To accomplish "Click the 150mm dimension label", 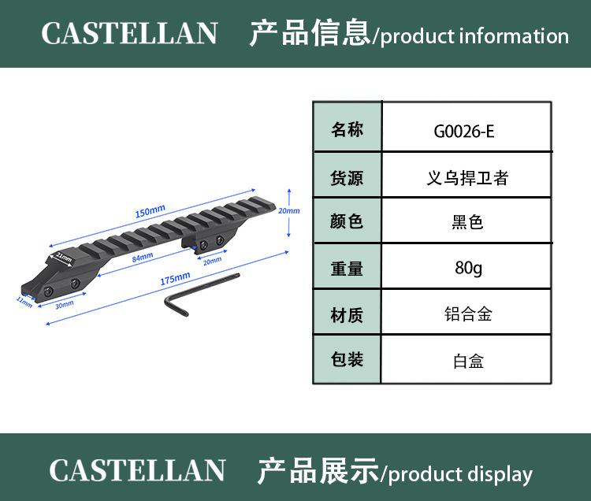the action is (x=150, y=210).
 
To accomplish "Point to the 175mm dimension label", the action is (x=175, y=278).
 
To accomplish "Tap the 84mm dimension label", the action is (x=142, y=258).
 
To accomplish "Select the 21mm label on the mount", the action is (x=63, y=257).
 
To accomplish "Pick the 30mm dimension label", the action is (x=65, y=303).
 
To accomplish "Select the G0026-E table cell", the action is (x=464, y=131).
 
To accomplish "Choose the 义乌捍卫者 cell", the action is (x=463, y=177).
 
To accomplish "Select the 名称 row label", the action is (x=347, y=130).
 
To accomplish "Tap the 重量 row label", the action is (x=347, y=268).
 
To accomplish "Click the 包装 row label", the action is (x=347, y=360).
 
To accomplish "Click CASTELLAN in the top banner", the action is (x=129, y=34).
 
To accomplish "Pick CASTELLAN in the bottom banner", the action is (x=137, y=471).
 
